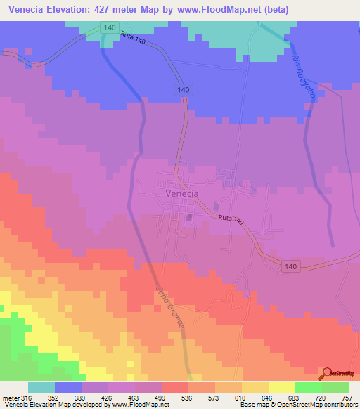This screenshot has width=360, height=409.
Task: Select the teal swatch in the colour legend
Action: pos(41,387)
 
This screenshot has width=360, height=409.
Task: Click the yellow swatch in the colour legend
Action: pos(282,387)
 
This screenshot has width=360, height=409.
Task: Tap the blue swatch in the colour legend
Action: pos(68,387)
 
